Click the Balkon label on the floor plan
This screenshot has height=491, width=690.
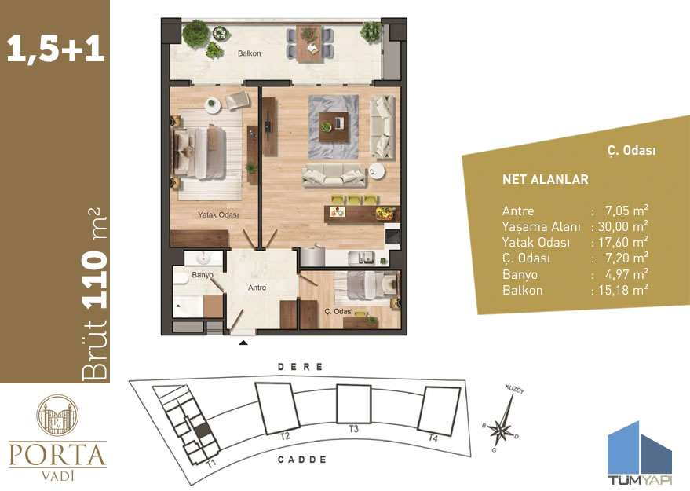coord(249,53)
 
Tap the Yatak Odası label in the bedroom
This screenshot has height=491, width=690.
coord(217,214)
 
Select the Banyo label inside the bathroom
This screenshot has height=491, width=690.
coord(203,275)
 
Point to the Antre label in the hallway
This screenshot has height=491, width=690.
coord(257,288)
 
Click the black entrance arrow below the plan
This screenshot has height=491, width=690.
coord(243,343)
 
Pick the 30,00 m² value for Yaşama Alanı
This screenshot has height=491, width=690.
coord(622,225)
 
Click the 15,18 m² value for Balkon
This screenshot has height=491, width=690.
coord(622,290)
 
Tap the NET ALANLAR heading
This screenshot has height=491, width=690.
coord(545,179)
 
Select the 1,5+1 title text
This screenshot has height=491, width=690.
coord(55,49)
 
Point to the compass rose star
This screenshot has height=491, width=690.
coord(500,427)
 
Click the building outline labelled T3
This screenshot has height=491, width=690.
coord(353,405)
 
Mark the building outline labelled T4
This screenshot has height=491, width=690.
coord(438,411)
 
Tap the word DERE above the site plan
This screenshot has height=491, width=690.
coord(301,367)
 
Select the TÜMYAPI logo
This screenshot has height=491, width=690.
coord(640,451)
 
